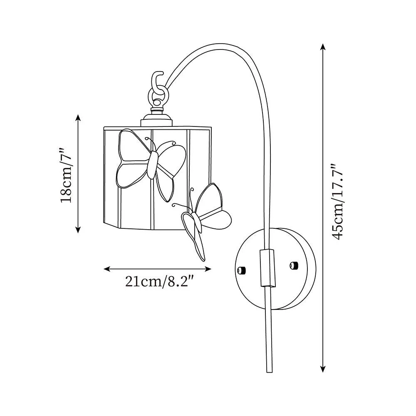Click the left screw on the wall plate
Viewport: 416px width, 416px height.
(242, 270)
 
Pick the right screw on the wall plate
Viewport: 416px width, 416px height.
(293, 265)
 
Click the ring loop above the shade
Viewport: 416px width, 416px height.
(158, 99)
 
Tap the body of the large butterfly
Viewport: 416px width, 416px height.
(153, 165)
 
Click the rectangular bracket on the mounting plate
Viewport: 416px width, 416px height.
(267, 268)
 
